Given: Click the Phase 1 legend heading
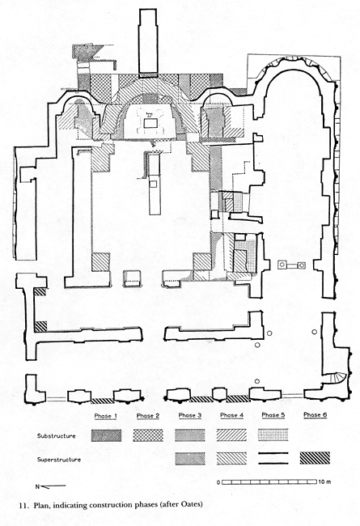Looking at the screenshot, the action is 105,416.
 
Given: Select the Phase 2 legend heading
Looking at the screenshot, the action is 148,416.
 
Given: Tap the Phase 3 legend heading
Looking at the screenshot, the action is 190,415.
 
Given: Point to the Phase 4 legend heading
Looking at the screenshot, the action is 232,415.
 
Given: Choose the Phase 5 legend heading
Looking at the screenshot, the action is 273,415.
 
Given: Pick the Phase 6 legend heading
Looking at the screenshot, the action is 315,415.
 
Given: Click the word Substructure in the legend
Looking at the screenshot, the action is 57,436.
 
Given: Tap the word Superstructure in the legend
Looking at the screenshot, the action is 59,460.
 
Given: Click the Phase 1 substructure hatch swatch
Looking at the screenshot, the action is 106,435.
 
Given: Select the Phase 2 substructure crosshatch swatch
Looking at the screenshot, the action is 148,435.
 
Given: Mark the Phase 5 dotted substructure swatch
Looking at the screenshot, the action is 273,435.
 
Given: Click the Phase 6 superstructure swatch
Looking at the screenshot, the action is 315,458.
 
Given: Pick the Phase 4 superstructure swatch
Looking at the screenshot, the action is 231,458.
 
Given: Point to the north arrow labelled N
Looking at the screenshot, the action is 51,486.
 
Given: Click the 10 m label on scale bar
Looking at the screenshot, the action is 325,482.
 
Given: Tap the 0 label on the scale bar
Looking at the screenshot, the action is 218,483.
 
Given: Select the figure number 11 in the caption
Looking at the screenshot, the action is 23,504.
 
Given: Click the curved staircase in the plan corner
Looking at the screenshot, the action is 338,378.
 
